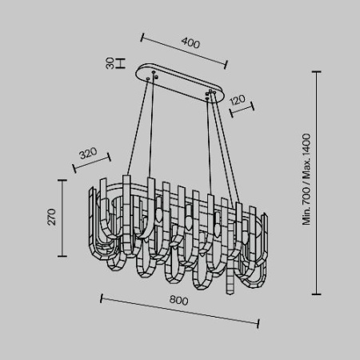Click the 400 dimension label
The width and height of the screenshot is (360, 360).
pos(190,43)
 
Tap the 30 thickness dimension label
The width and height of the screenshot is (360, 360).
pos(110,63)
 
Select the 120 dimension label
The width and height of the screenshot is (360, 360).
pos(237,100)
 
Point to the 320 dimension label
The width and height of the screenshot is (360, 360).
pos(88,153)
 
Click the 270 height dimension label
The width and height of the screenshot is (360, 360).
pos(52,217)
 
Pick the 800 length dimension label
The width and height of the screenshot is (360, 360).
pos(179,300)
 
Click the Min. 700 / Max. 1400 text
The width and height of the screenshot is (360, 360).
pos(306,179)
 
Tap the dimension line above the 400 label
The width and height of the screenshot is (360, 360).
pos(184,51)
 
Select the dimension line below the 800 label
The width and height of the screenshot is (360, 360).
pos(180,311)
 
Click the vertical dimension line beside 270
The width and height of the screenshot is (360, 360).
pos(62,218)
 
